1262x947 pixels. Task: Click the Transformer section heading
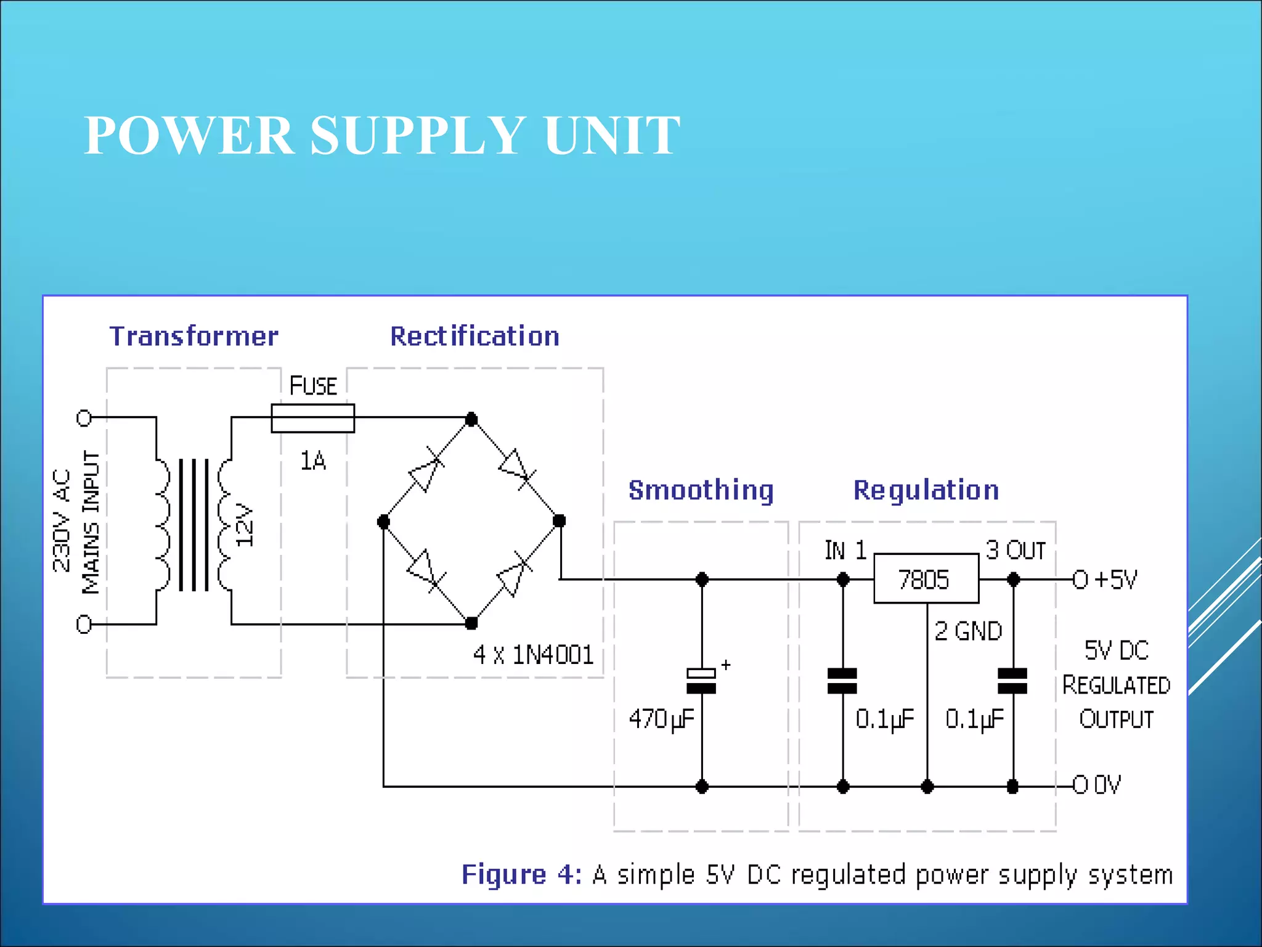[x=193, y=336]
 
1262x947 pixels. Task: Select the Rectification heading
[x=474, y=336]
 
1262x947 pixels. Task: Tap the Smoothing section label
[x=701, y=490]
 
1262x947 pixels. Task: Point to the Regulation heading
[x=926, y=490]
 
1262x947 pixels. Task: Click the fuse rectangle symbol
[x=312, y=419]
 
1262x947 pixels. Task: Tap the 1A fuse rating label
[x=312, y=461]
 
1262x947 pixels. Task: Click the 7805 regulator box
[x=926, y=579]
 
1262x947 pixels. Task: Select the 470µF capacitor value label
[x=661, y=719]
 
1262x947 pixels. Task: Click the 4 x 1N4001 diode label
[x=533, y=655]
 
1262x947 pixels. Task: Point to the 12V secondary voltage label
[x=245, y=525]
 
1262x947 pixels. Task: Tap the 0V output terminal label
[x=1107, y=785]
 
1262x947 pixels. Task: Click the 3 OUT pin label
[x=1015, y=550]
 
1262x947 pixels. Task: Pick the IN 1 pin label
[x=845, y=550]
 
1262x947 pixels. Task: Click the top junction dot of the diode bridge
[x=471, y=419]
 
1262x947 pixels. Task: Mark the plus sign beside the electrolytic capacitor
[x=726, y=665]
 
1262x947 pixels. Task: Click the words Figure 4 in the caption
[x=521, y=874]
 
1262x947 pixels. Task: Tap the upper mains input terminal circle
[x=84, y=419]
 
